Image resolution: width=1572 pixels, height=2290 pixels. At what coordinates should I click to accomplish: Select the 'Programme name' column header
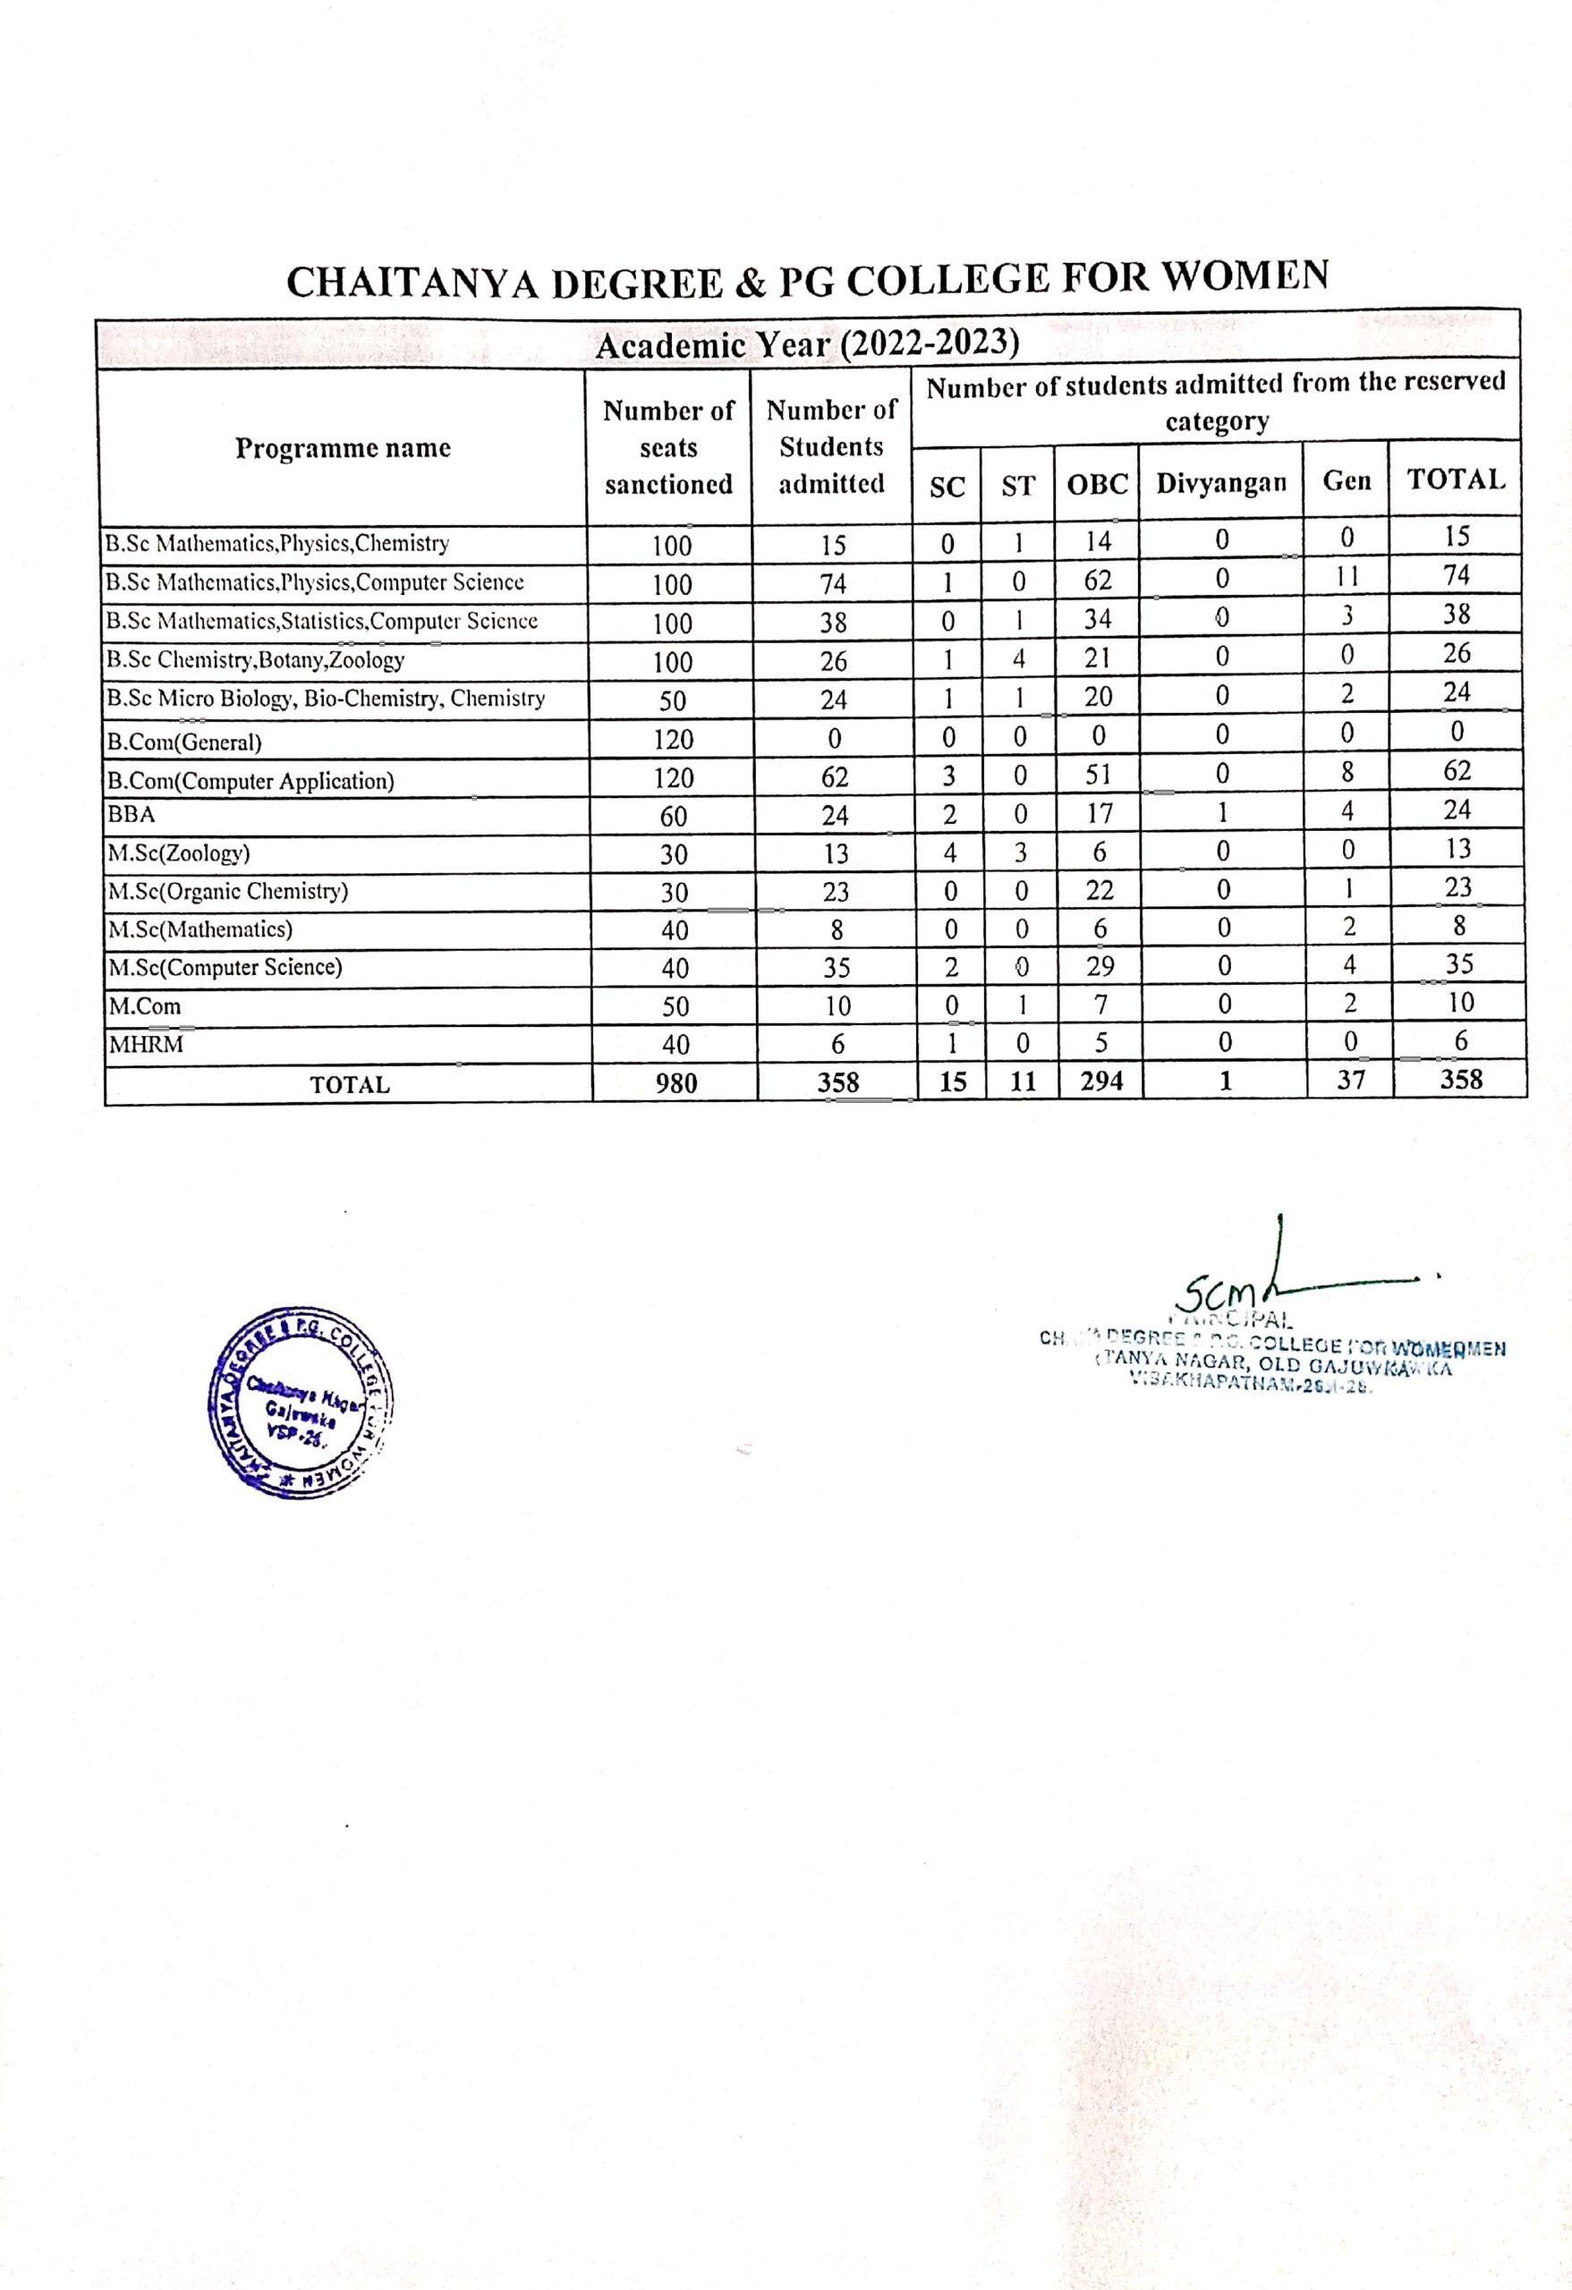(342, 448)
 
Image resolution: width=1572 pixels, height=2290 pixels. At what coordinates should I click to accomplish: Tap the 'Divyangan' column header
(1221, 483)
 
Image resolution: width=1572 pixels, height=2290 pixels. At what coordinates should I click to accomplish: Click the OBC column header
(1097, 484)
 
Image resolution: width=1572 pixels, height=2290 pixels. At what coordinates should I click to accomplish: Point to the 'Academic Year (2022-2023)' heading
(806, 345)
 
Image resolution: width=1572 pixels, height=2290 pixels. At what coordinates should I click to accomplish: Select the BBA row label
(132, 815)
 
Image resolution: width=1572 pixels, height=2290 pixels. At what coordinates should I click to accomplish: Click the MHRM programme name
(146, 1044)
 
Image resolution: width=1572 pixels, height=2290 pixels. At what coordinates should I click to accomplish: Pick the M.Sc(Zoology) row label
(178, 852)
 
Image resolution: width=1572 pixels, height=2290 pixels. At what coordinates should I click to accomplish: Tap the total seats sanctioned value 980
(676, 1083)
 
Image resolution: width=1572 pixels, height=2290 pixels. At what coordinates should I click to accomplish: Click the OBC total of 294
(1100, 1081)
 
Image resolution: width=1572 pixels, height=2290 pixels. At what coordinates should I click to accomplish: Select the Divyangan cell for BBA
(1222, 812)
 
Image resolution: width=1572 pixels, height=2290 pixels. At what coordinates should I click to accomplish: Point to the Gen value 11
(1347, 576)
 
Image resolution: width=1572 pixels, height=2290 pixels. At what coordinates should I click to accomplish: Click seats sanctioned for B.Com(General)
(673, 739)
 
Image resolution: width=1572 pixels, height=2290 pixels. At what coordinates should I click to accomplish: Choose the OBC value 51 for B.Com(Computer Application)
(1098, 774)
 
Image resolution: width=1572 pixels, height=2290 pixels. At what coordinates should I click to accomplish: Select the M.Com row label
(145, 1006)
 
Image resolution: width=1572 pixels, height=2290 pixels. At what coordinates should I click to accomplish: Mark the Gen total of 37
(1350, 1080)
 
